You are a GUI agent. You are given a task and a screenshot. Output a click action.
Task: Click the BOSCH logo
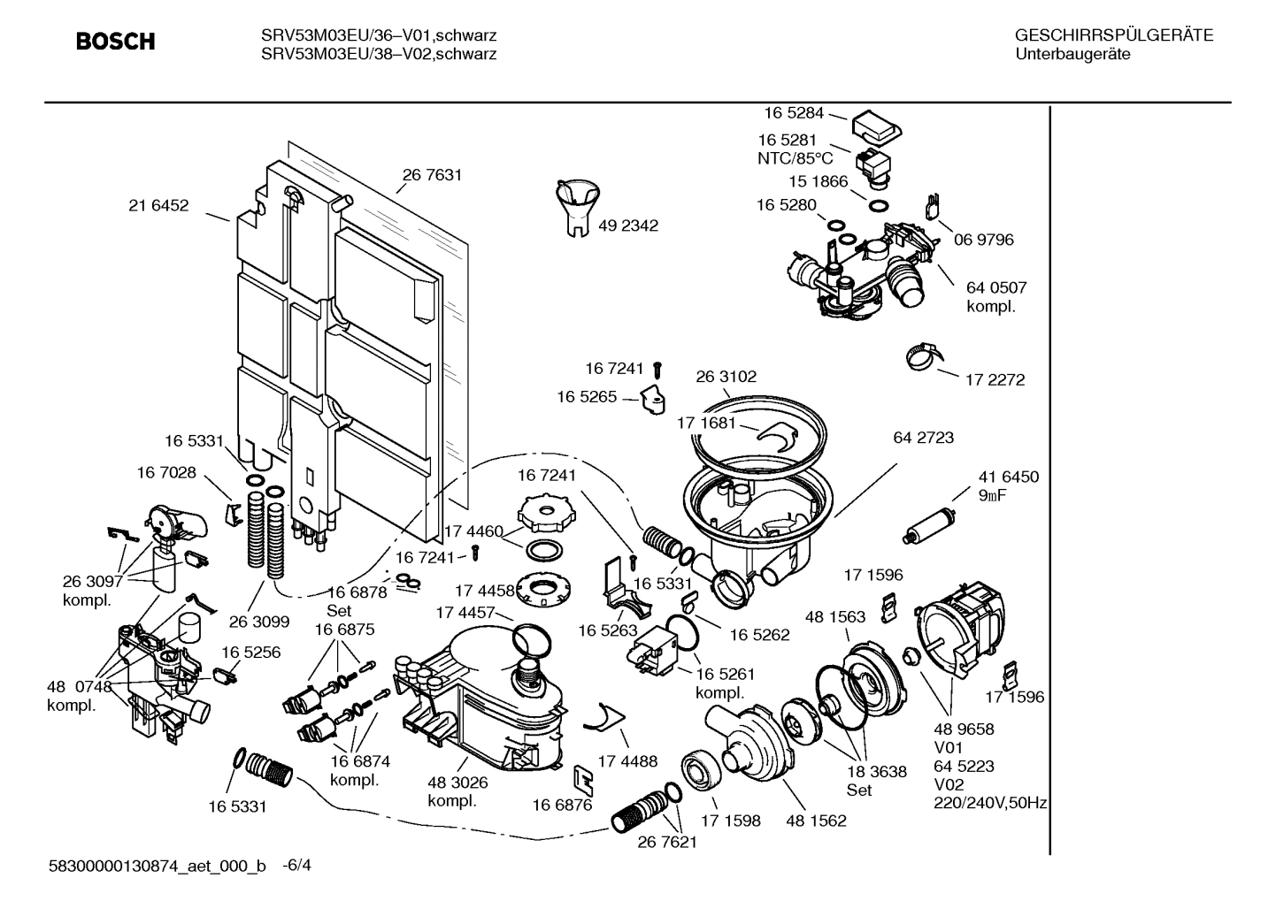point(115,42)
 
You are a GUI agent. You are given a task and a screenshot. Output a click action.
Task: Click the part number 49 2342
point(628,225)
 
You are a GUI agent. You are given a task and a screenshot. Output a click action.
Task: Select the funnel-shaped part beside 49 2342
point(577,205)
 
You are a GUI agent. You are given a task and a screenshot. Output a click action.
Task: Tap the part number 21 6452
point(158,206)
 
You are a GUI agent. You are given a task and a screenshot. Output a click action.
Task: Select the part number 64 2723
point(924,438)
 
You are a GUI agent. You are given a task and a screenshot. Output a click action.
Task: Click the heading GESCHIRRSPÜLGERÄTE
point(1113,35)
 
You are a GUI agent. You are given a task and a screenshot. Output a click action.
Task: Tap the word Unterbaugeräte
point(1072,54)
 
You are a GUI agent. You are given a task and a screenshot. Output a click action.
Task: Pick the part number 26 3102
point(726,377)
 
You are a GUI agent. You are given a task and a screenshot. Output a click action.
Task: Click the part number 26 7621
point(667,842)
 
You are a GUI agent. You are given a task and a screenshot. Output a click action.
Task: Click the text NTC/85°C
point(795,158)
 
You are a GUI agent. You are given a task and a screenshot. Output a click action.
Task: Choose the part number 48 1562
point(816,821)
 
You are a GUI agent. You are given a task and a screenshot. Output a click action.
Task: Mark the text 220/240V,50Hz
point(991,803)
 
